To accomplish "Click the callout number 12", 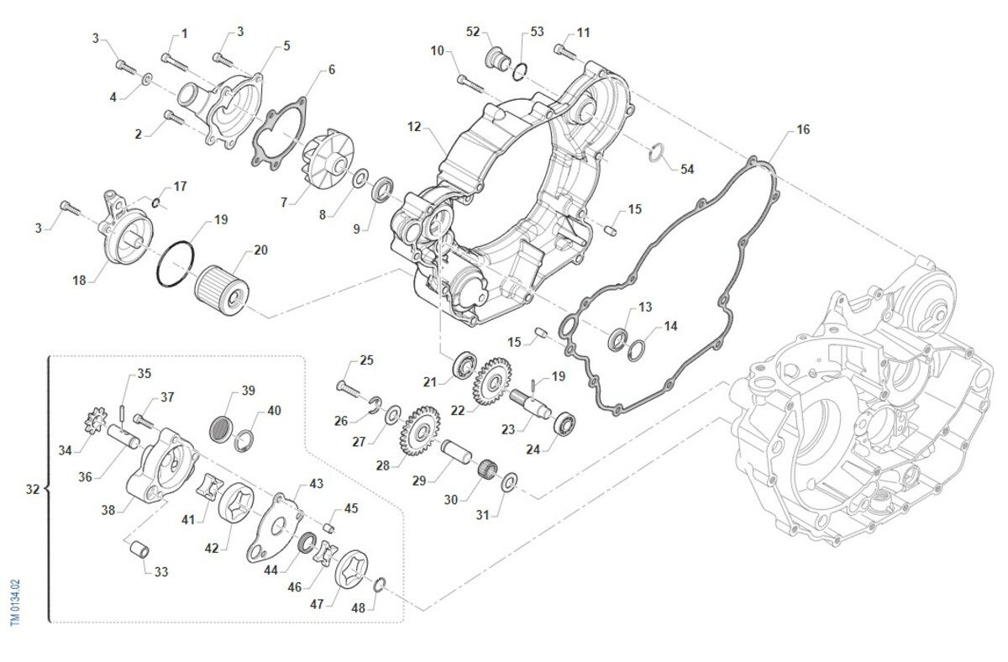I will [x=414, y=127].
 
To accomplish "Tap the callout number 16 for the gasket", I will [x=803, y=129].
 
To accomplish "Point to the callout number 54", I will [x=687, y=169].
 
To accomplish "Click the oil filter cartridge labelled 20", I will [x=223, y=286].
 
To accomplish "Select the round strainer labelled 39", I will [x=220, y=426].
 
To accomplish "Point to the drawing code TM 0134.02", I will [x=13, y=602].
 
